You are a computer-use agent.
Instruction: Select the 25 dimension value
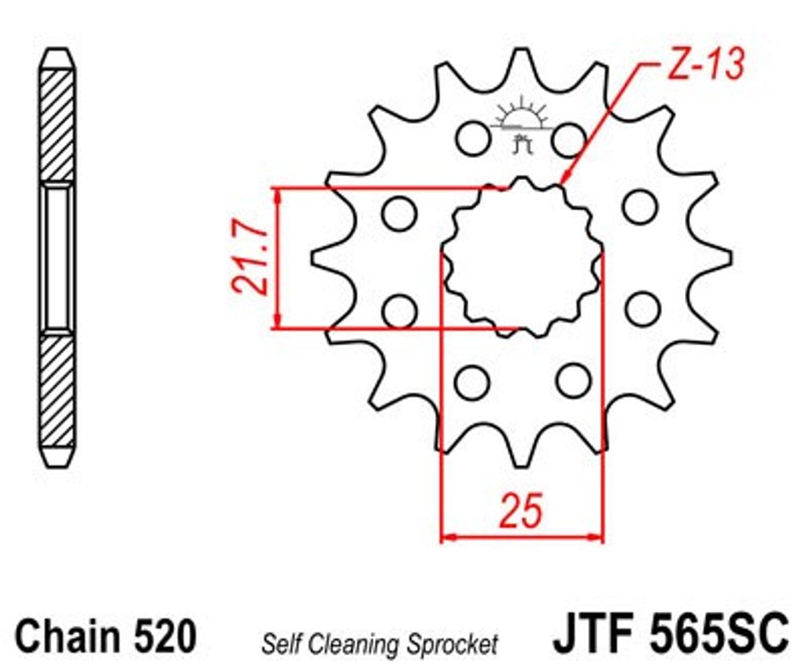pos(521,511)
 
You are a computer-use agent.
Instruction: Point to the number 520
pos(165,635)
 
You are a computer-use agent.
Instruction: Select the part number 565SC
pos(718,632)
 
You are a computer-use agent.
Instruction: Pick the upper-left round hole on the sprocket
pos(473,138)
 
